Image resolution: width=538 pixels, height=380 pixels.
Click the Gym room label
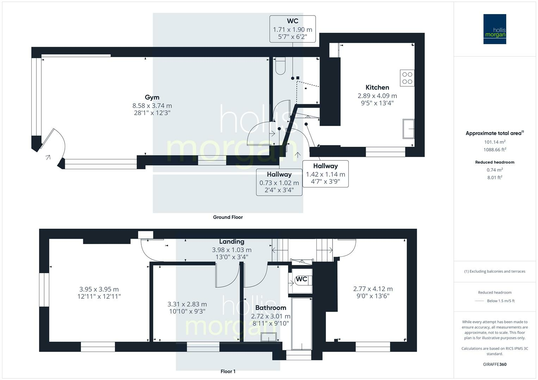[x=152, y=97]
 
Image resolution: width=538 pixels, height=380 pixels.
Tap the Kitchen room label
[x=377, y=87]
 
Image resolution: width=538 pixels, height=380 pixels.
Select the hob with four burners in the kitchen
[x=407, y=78]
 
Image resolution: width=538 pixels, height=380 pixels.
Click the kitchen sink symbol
[x=408, y=129]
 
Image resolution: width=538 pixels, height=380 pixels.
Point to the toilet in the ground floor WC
[x=280, y=66]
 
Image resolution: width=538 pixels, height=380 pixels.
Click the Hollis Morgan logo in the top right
[x=494, y=29]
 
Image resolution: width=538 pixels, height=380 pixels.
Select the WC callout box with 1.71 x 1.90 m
[x=292, y=29]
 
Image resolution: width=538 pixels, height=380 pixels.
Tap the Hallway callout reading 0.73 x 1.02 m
[x=279, y=182]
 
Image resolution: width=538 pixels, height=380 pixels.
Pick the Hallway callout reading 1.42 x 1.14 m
[x=325, y=174]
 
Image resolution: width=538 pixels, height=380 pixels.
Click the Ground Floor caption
[x=228, y=217]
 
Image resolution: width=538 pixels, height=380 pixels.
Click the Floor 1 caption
[x=228, y=371]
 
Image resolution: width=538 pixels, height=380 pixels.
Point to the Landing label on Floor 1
[x=231, y=241]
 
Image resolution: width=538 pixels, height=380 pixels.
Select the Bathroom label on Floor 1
[x=271, y=308]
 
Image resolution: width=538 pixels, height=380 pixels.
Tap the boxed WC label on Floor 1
[x=302, y=279]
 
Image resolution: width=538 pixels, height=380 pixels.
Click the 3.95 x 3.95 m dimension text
[x=99, y=289]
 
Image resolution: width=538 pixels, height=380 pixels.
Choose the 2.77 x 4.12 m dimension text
[x=373, y=289]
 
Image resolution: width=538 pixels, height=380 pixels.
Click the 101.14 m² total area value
[x=495, y=142]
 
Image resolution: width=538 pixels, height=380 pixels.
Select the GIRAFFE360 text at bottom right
[x=495, y=364]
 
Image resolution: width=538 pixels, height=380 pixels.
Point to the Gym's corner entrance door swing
[x=56, y=144]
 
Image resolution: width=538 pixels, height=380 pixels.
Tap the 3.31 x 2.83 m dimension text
[x=187, y=304]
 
